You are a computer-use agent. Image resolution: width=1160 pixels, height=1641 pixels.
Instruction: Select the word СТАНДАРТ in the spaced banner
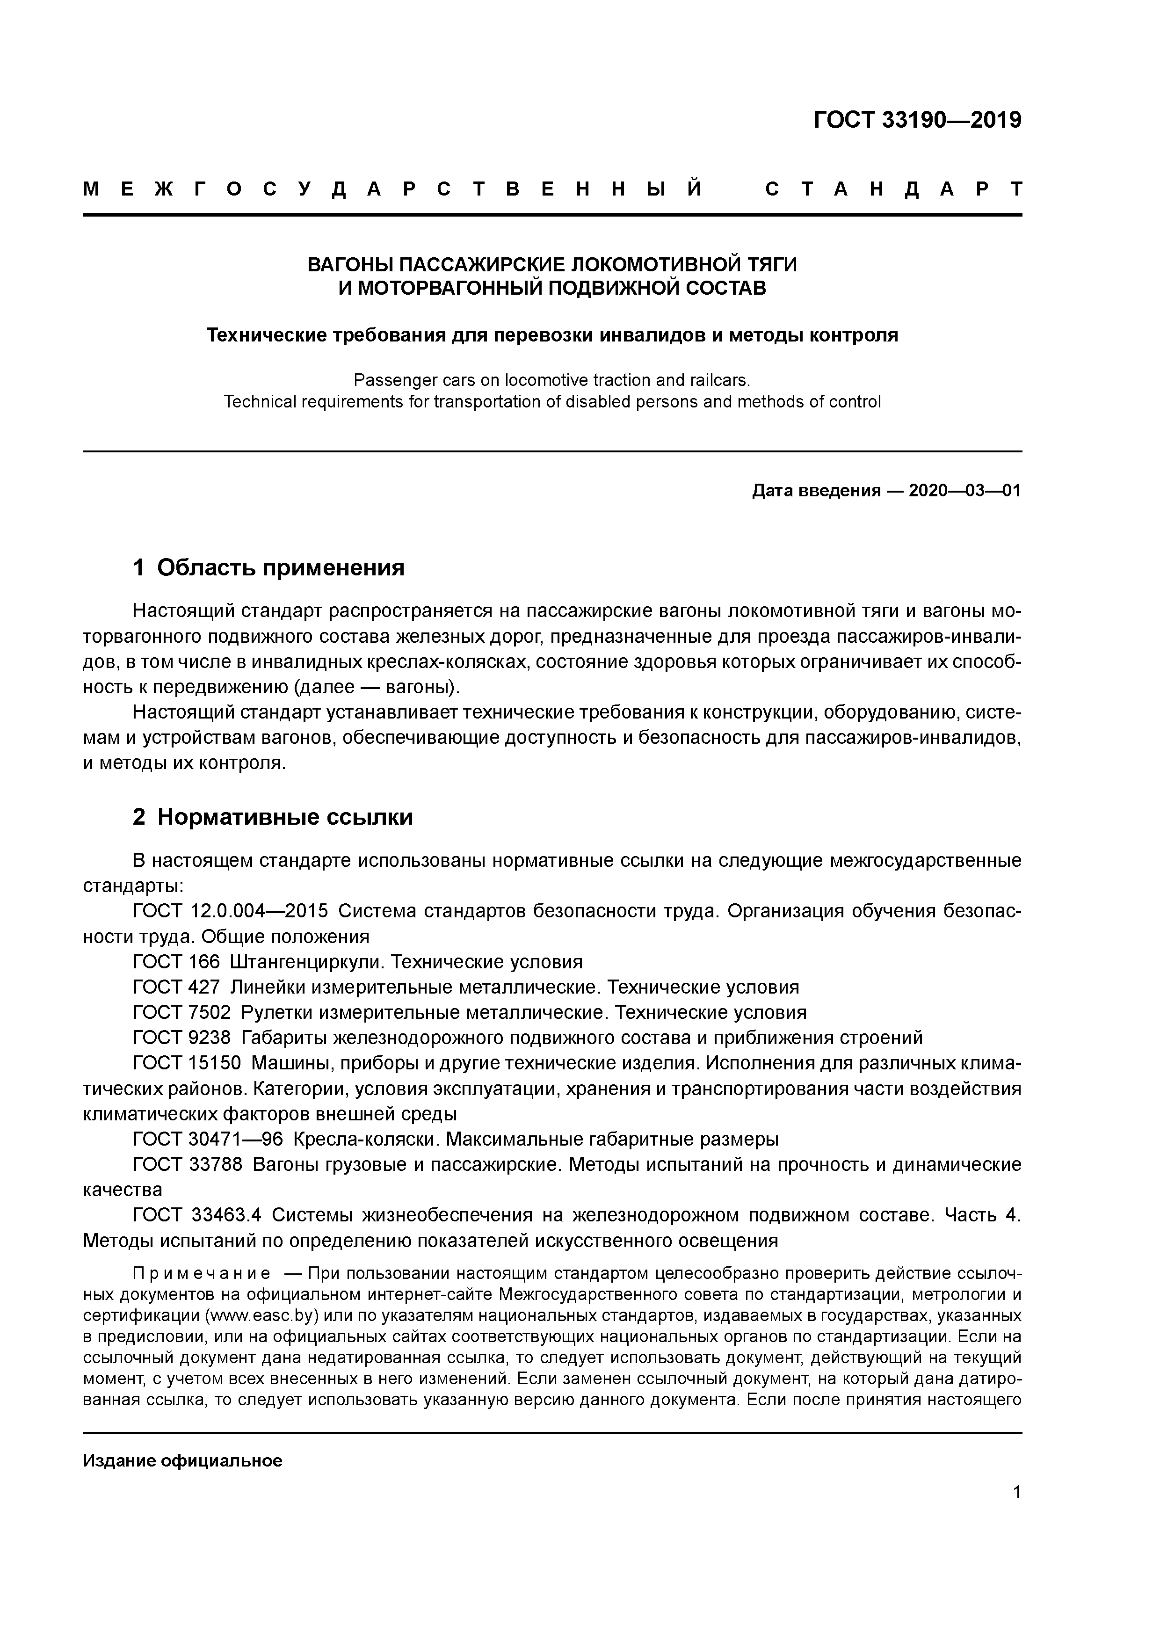893,189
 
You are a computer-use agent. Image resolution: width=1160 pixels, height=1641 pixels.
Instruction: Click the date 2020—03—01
965,491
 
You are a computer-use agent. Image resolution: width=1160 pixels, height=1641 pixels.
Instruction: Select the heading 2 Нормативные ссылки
273,817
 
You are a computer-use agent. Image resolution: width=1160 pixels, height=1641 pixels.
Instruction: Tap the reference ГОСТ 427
176,987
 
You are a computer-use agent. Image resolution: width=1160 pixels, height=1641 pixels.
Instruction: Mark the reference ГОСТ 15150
187,1063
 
